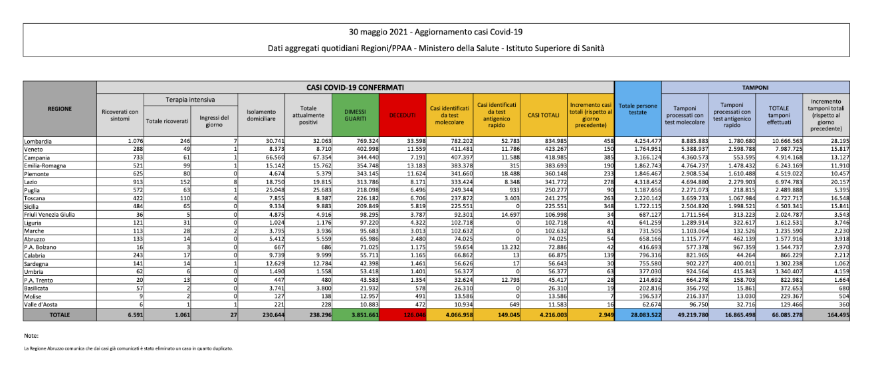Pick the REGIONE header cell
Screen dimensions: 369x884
coord(60,108)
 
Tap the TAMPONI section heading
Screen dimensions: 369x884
coord(756,87)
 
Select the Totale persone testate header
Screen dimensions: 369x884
coord(637,108)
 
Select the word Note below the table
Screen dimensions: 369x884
coord(31,336)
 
